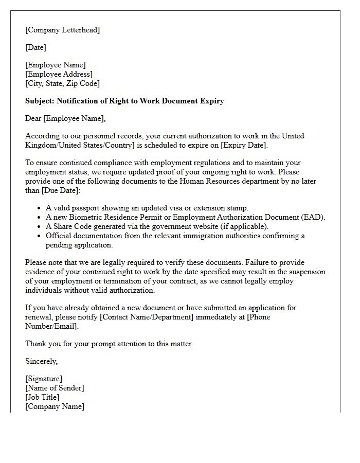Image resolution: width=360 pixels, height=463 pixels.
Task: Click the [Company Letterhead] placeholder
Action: click(63, 30)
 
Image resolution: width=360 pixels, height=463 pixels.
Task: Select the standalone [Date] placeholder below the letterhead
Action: click(35, 47)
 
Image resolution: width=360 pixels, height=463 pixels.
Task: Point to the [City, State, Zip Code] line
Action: click(62, 83)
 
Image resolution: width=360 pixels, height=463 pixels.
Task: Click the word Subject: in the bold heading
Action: click(40, 101)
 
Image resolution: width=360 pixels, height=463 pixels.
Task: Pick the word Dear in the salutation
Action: click(33, 118)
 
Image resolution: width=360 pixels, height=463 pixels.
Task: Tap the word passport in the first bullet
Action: click(87, 208)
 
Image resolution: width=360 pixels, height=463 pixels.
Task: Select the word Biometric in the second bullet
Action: click(86, 217)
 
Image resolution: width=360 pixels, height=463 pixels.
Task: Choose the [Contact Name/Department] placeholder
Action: click(147, 317)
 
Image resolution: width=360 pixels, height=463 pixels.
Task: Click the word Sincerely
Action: click(41, 361)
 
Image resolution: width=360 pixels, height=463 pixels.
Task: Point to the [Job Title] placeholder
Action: click(42, 397)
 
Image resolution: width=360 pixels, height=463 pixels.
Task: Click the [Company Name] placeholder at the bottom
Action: click(55, 406)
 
